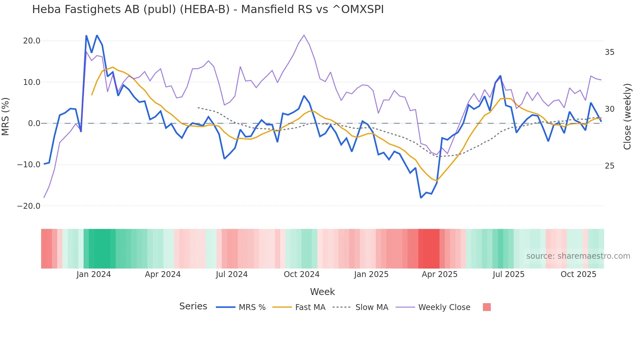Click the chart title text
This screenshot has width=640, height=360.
(x=208, y=9)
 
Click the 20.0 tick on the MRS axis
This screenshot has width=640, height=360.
(x=32, y=41)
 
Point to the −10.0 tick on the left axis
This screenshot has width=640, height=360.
(x=29, y=165)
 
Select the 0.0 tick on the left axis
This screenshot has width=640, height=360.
(x=34, y=123)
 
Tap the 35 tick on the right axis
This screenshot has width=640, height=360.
(x=609, y=52)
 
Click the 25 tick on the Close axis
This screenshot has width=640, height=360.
(x=609, y=166)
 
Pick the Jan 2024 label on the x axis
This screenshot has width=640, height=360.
(x=94, y=274)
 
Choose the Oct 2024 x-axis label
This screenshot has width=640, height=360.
(x=301, y=274)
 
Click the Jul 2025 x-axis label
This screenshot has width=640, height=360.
(x=508, y=274)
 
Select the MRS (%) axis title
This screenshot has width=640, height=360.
(x=6, y=117)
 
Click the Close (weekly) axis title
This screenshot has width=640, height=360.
(x=627, y=117)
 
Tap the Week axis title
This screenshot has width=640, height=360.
(x=322, y=292)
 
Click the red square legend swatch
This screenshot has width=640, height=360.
(x=487, y=307)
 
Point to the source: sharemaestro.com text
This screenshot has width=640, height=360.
(x=578, y=256)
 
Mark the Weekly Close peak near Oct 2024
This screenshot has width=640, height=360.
(x=304, y=35)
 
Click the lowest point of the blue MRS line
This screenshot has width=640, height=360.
(x=421, y=198)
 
